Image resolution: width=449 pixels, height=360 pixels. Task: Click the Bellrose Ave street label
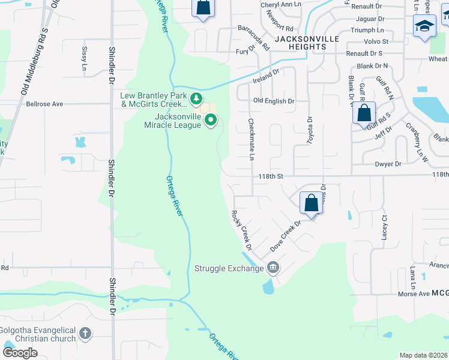[44, 104]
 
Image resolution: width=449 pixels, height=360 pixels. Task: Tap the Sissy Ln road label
[83, 57]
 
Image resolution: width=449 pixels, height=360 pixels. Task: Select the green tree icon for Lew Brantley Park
[195, 98]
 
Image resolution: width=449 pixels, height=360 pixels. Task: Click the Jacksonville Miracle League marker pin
[211, 121]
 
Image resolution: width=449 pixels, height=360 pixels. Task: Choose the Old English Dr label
[274, 101]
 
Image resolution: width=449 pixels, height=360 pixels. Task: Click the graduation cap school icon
[424, 25]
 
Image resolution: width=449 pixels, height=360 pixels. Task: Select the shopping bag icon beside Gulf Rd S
[364, 112]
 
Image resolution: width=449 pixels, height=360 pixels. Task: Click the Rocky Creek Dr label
[241, 230]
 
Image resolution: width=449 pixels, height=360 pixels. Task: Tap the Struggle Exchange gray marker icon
[274, 267]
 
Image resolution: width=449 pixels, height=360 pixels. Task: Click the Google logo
[20, 353]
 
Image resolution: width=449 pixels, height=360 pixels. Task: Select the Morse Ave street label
[413, 294]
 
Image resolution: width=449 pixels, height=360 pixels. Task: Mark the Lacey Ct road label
[385, 227]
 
